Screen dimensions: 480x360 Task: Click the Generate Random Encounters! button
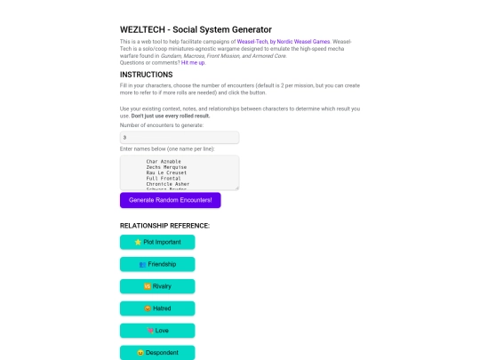point(170,200)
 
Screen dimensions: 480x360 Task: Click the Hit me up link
point(193,62)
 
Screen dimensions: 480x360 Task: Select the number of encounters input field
point(179,138)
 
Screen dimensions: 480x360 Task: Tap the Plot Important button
point(156,242)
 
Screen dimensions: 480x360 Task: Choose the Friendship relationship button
point(156,264)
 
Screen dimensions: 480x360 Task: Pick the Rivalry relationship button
point(156,286)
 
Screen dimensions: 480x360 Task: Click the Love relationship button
point(156,331)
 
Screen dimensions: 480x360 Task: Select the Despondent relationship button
point(156,353)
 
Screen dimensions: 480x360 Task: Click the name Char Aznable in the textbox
point(164,162)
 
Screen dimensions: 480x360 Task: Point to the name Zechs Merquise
point(165,168)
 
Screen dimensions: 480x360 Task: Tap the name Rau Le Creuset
point(165,173)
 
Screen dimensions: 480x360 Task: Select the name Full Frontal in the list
point(163,179)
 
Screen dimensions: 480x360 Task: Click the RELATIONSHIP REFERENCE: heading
point(164,226)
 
